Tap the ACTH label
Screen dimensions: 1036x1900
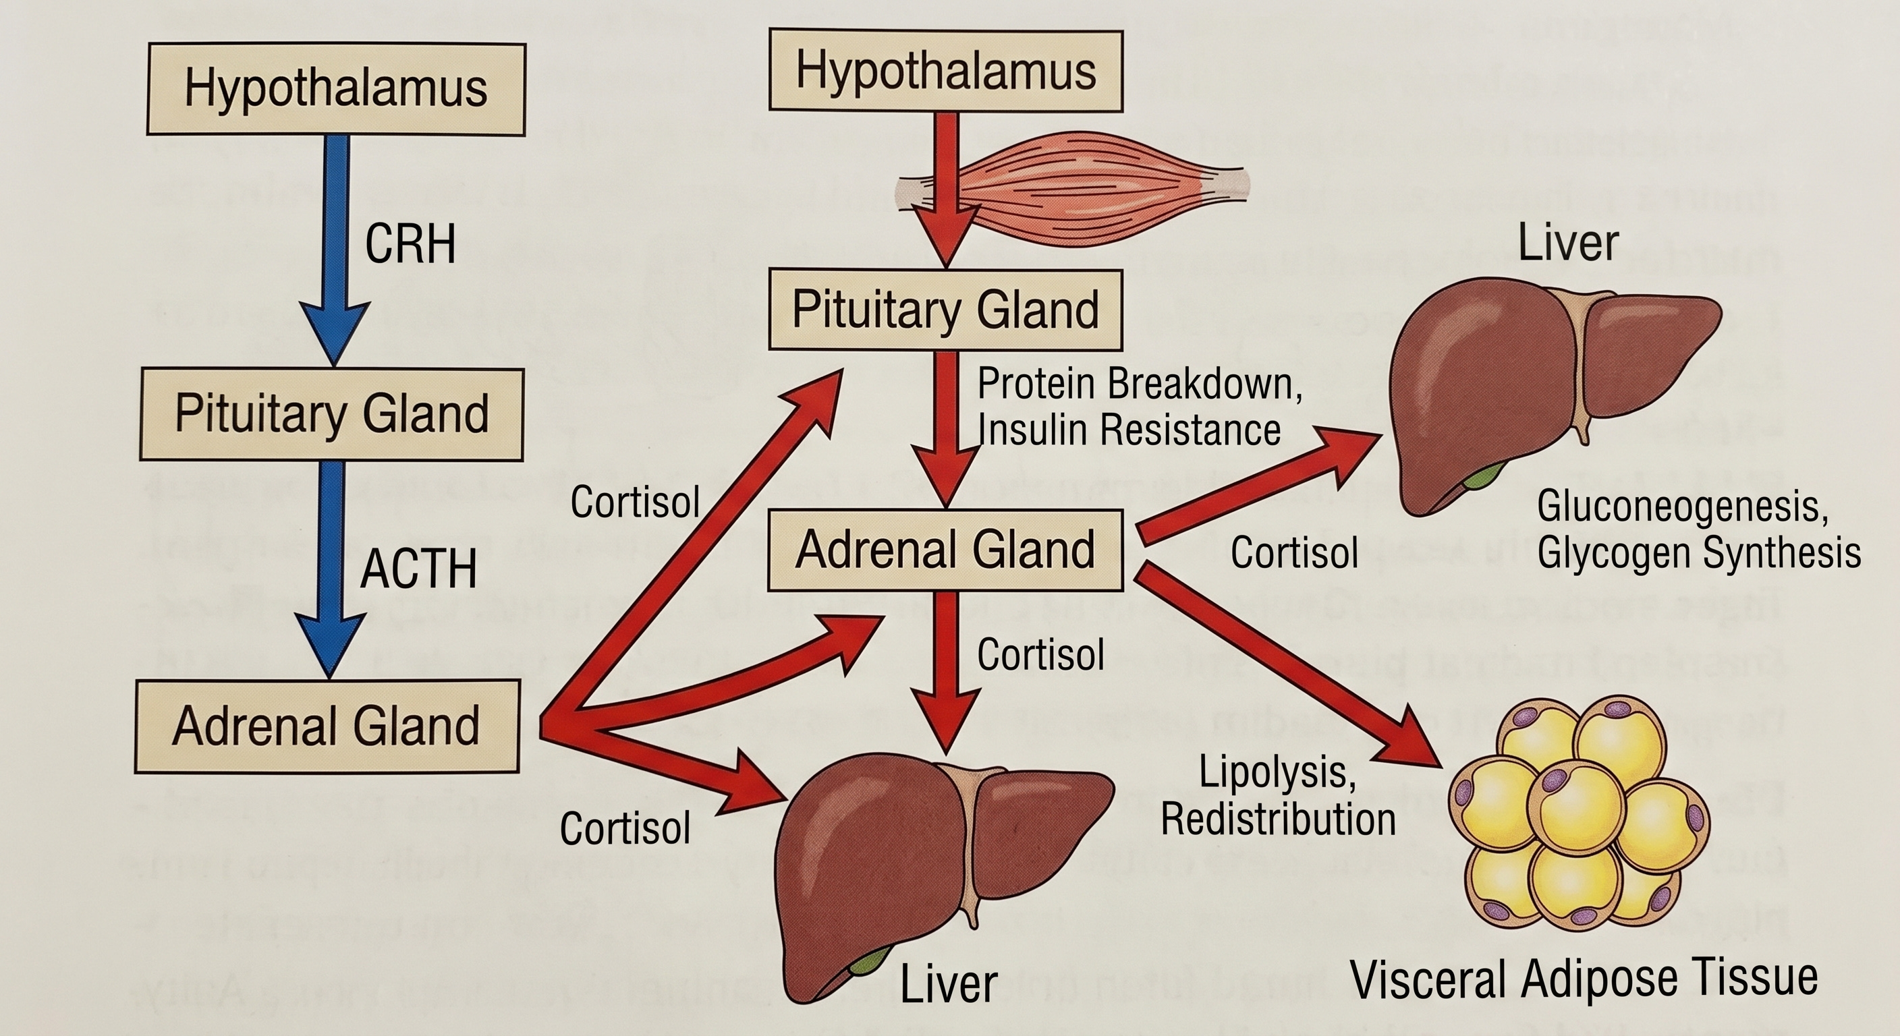(418, 569)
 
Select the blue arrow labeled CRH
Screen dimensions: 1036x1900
(336, 251)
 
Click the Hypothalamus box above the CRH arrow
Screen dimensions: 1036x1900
(336, 89)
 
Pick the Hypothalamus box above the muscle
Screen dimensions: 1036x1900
(945, 71)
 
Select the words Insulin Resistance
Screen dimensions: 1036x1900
(1129, 430)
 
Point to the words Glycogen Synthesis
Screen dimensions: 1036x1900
(1698, 553)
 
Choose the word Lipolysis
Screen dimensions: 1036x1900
(1277, 772)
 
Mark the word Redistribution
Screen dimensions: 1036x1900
(1278, 819)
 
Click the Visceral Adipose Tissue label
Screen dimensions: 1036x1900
(1584, 978)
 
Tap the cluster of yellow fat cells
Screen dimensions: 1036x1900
(1578, 815)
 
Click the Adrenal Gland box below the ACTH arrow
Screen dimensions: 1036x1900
(327, 726)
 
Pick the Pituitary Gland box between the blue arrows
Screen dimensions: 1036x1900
(332, 413)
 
